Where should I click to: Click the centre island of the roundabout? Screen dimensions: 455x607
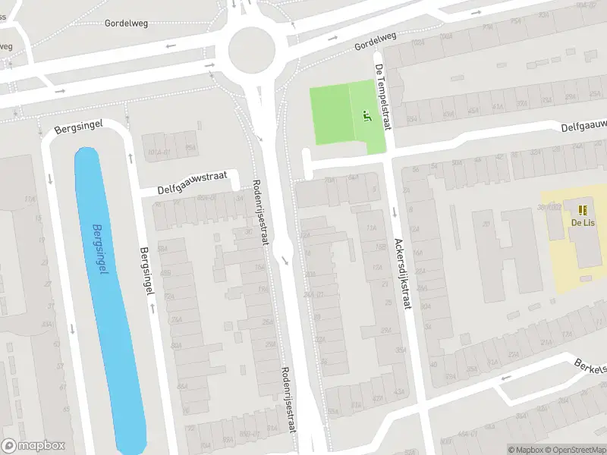click(250, 49)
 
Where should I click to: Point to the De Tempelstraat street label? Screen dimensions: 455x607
click(381, 96)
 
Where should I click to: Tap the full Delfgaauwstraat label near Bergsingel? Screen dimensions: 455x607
click(193, 183)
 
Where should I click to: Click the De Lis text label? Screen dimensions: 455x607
click(582, 222)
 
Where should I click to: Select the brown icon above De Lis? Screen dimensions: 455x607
click(582, 210)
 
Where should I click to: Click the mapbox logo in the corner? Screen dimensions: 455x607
click(33, 446)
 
